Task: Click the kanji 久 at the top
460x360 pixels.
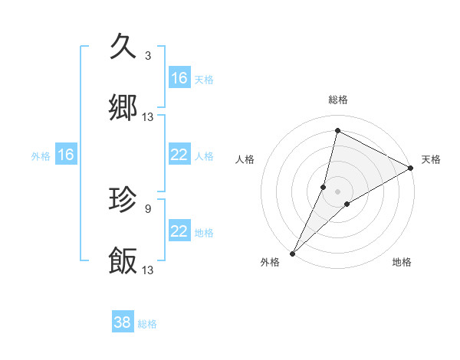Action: point(123,47)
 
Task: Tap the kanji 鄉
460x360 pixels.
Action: point(123,108)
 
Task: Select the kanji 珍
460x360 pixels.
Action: point(123,200)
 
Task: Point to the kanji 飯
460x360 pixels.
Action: point(123,261)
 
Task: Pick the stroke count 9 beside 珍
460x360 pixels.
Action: point(148,208)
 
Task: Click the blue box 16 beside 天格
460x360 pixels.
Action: point(179,78)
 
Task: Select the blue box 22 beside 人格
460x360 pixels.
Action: point(179,155)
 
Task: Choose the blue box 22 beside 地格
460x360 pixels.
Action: point(179,231)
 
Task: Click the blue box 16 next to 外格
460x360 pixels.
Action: point(66,155)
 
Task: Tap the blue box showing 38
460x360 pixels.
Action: point(122,322)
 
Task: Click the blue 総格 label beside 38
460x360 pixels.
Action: point(147,324)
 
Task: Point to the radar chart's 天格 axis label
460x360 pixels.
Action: point(431,159)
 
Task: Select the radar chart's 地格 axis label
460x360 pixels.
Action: point(402,263)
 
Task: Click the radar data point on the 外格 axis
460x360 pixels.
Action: point(292,253)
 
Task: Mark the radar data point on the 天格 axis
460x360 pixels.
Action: point(411,168)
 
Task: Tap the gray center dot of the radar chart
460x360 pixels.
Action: point(337,191)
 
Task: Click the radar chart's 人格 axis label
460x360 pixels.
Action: point(245,159)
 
